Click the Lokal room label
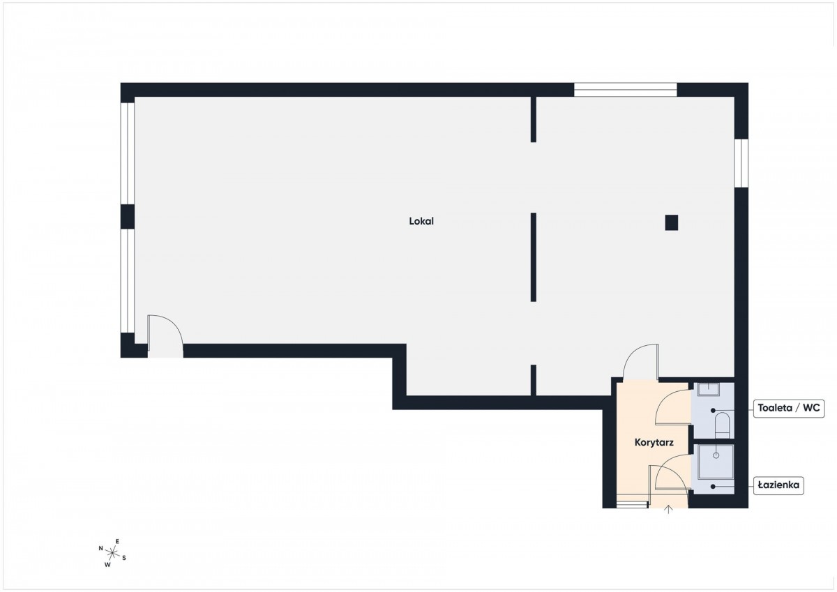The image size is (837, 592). [421, 221]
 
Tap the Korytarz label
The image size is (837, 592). [654, 443]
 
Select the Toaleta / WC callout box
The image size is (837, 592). [789, 408]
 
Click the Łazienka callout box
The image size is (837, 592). [778, 485]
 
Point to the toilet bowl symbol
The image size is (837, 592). [723, 425]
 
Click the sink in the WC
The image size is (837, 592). [709, 390]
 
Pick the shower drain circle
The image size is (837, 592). [716, 455]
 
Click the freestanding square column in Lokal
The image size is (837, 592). [672, 222]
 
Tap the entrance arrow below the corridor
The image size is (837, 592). [668, 510]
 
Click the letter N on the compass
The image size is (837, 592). [101, 548]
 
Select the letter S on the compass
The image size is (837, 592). [124, 558]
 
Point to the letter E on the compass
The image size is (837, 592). [117, 541]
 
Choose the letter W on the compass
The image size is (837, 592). [107, 565]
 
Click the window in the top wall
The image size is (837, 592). [626, 90]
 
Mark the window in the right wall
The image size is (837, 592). [741, 163]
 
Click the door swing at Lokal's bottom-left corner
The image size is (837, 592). [165, 333]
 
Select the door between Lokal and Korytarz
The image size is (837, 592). [640, 363]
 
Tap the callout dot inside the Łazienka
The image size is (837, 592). [713, 486]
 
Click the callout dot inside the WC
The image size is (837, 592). [713, 410]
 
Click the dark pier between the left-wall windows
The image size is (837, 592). [128, 217]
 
